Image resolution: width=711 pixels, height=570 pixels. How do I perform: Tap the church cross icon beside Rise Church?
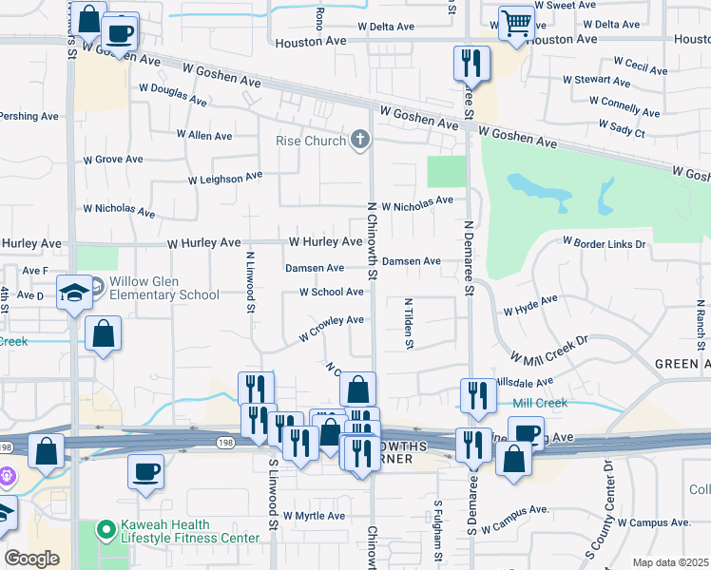click(359, 141)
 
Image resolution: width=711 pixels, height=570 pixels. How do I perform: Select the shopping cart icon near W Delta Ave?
click(516, 22)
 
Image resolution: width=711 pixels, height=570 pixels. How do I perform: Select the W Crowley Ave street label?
click(331, 329)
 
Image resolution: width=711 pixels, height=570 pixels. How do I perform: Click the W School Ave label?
click(331, 292)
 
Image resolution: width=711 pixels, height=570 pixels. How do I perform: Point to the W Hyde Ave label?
click(530, 305)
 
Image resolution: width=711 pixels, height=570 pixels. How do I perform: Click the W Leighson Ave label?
click(224, 178)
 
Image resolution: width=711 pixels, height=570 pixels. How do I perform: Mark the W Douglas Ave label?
click(173, 94)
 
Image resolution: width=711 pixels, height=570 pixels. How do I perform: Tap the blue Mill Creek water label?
click(540, 403)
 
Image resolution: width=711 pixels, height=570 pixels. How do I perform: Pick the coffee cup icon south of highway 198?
click(145, 471)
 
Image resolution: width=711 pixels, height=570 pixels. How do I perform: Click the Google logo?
click(31, 559)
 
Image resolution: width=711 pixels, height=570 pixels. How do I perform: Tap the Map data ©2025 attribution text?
click(669, 562)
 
